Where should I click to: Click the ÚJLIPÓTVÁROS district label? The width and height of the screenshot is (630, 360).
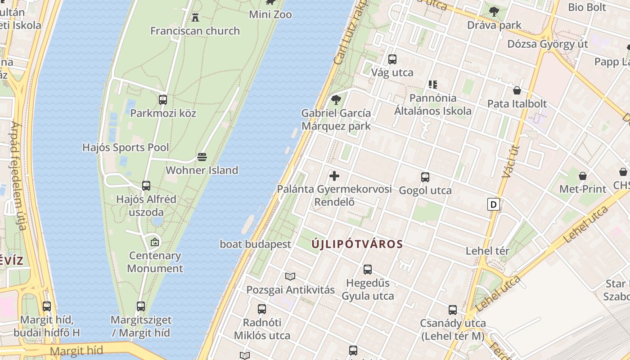357,244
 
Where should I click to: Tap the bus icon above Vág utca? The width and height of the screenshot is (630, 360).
392,59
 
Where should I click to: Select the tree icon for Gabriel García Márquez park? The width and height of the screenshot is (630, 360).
336,99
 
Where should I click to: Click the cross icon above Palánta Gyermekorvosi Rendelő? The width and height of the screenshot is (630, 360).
334,176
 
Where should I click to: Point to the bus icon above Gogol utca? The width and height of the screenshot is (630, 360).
425,177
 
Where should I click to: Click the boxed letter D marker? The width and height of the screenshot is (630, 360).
494,205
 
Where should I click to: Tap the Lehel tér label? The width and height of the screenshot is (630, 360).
487,251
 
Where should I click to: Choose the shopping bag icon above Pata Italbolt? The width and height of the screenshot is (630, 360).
517,91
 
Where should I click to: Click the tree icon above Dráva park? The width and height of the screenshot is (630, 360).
494,12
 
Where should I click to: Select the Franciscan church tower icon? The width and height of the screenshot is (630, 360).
195,18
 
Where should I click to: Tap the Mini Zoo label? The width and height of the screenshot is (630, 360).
270,14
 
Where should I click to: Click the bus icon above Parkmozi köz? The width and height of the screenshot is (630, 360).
163,100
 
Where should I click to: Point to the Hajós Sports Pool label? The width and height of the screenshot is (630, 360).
126,148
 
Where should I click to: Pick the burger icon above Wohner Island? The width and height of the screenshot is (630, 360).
202,157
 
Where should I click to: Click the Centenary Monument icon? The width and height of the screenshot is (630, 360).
155,242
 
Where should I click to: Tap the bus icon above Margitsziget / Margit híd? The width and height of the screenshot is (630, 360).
141,306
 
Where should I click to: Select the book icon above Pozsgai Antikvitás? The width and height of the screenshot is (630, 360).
290,276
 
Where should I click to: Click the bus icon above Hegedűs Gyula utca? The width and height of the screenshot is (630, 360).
368,270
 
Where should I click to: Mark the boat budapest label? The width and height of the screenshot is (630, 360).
255,244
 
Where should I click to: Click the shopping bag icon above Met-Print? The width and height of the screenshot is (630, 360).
583,176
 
